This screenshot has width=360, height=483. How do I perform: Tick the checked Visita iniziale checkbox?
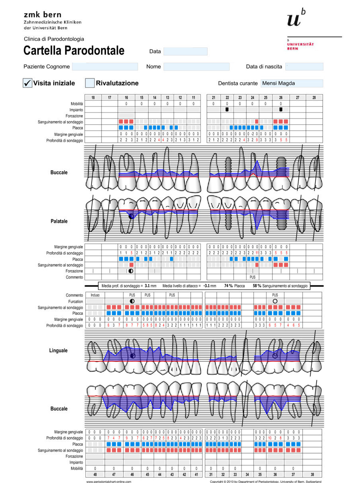pos(27,83)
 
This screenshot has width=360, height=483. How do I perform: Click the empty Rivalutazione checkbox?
pos(90,83)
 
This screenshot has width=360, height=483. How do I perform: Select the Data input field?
pos(185,52)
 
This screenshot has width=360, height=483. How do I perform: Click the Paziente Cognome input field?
pos(105,67)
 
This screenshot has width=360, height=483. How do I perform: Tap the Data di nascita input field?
pos(304,67)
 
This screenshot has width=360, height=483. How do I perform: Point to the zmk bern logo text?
pos(43,15)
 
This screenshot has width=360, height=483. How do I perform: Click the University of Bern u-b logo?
pos(296,18)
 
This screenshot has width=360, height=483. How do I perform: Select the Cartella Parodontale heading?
pos(74,51)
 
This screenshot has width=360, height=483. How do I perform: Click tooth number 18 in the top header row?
pos(93,97)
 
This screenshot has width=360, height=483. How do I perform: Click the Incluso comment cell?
pos(95,295)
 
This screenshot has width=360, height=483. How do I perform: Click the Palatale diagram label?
pos(58,221)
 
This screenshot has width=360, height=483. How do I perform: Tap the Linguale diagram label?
pos(58,351)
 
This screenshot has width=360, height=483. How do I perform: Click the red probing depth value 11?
pos(257,253)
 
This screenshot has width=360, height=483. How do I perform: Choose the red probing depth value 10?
pos(270,438)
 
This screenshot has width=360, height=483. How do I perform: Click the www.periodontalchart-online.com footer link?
pos(109,481)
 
